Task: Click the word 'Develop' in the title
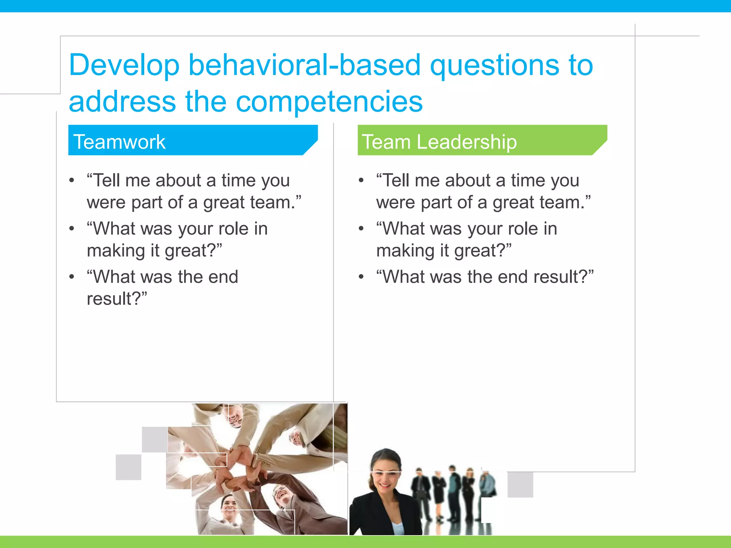(124, 65)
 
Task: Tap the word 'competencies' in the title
(329, 102)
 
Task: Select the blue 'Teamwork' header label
(119, 142)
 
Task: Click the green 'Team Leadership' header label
(439, 142)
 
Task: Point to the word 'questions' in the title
(494, 65)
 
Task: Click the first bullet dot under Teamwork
(72, 181)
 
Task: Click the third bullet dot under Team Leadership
(361, 277)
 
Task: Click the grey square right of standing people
(520, 484)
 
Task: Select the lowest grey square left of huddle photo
(128, 467)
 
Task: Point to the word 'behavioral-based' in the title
(304, 65)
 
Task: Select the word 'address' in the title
(122, 102)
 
